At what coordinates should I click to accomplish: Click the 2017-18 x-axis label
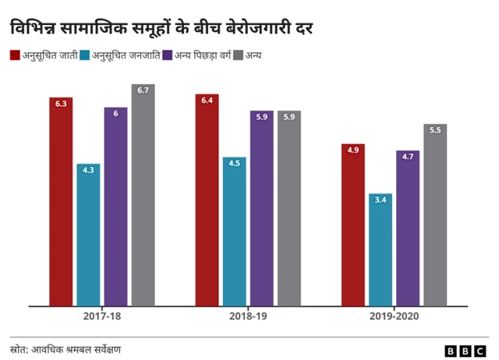tap(101, 317)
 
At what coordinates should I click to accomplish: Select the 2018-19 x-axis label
tap(248, 317)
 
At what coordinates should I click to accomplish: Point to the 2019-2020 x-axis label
tap(394, 317)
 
